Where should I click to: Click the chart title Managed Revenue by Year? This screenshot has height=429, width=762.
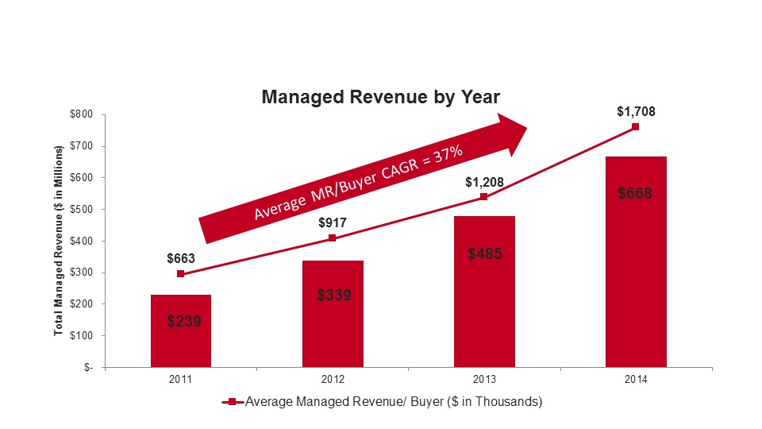[381, 97]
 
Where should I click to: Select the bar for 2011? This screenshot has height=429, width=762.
[181, 330]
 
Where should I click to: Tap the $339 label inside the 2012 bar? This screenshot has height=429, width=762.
[333, 295]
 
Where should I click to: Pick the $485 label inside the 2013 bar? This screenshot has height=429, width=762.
[485, 254]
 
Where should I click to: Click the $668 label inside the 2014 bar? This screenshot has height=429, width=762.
[636, 192]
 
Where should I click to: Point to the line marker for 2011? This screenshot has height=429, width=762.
[181, 273]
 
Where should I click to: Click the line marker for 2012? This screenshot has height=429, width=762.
[333, 238]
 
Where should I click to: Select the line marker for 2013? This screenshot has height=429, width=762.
[484, 197]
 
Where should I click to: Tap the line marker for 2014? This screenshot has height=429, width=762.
[636, 126]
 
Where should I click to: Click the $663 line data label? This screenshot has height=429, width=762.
[181, 258]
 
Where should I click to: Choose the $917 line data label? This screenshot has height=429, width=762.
[333, 222]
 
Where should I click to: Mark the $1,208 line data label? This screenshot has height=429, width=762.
[484, 181]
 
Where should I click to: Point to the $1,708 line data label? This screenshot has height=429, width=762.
[636, 111]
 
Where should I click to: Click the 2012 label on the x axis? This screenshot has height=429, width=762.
[333, 380]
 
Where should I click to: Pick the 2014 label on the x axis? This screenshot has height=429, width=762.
[636, 380]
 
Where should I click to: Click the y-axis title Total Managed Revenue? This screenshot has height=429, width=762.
[58, 241]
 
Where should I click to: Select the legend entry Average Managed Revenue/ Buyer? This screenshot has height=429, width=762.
[383, 402]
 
